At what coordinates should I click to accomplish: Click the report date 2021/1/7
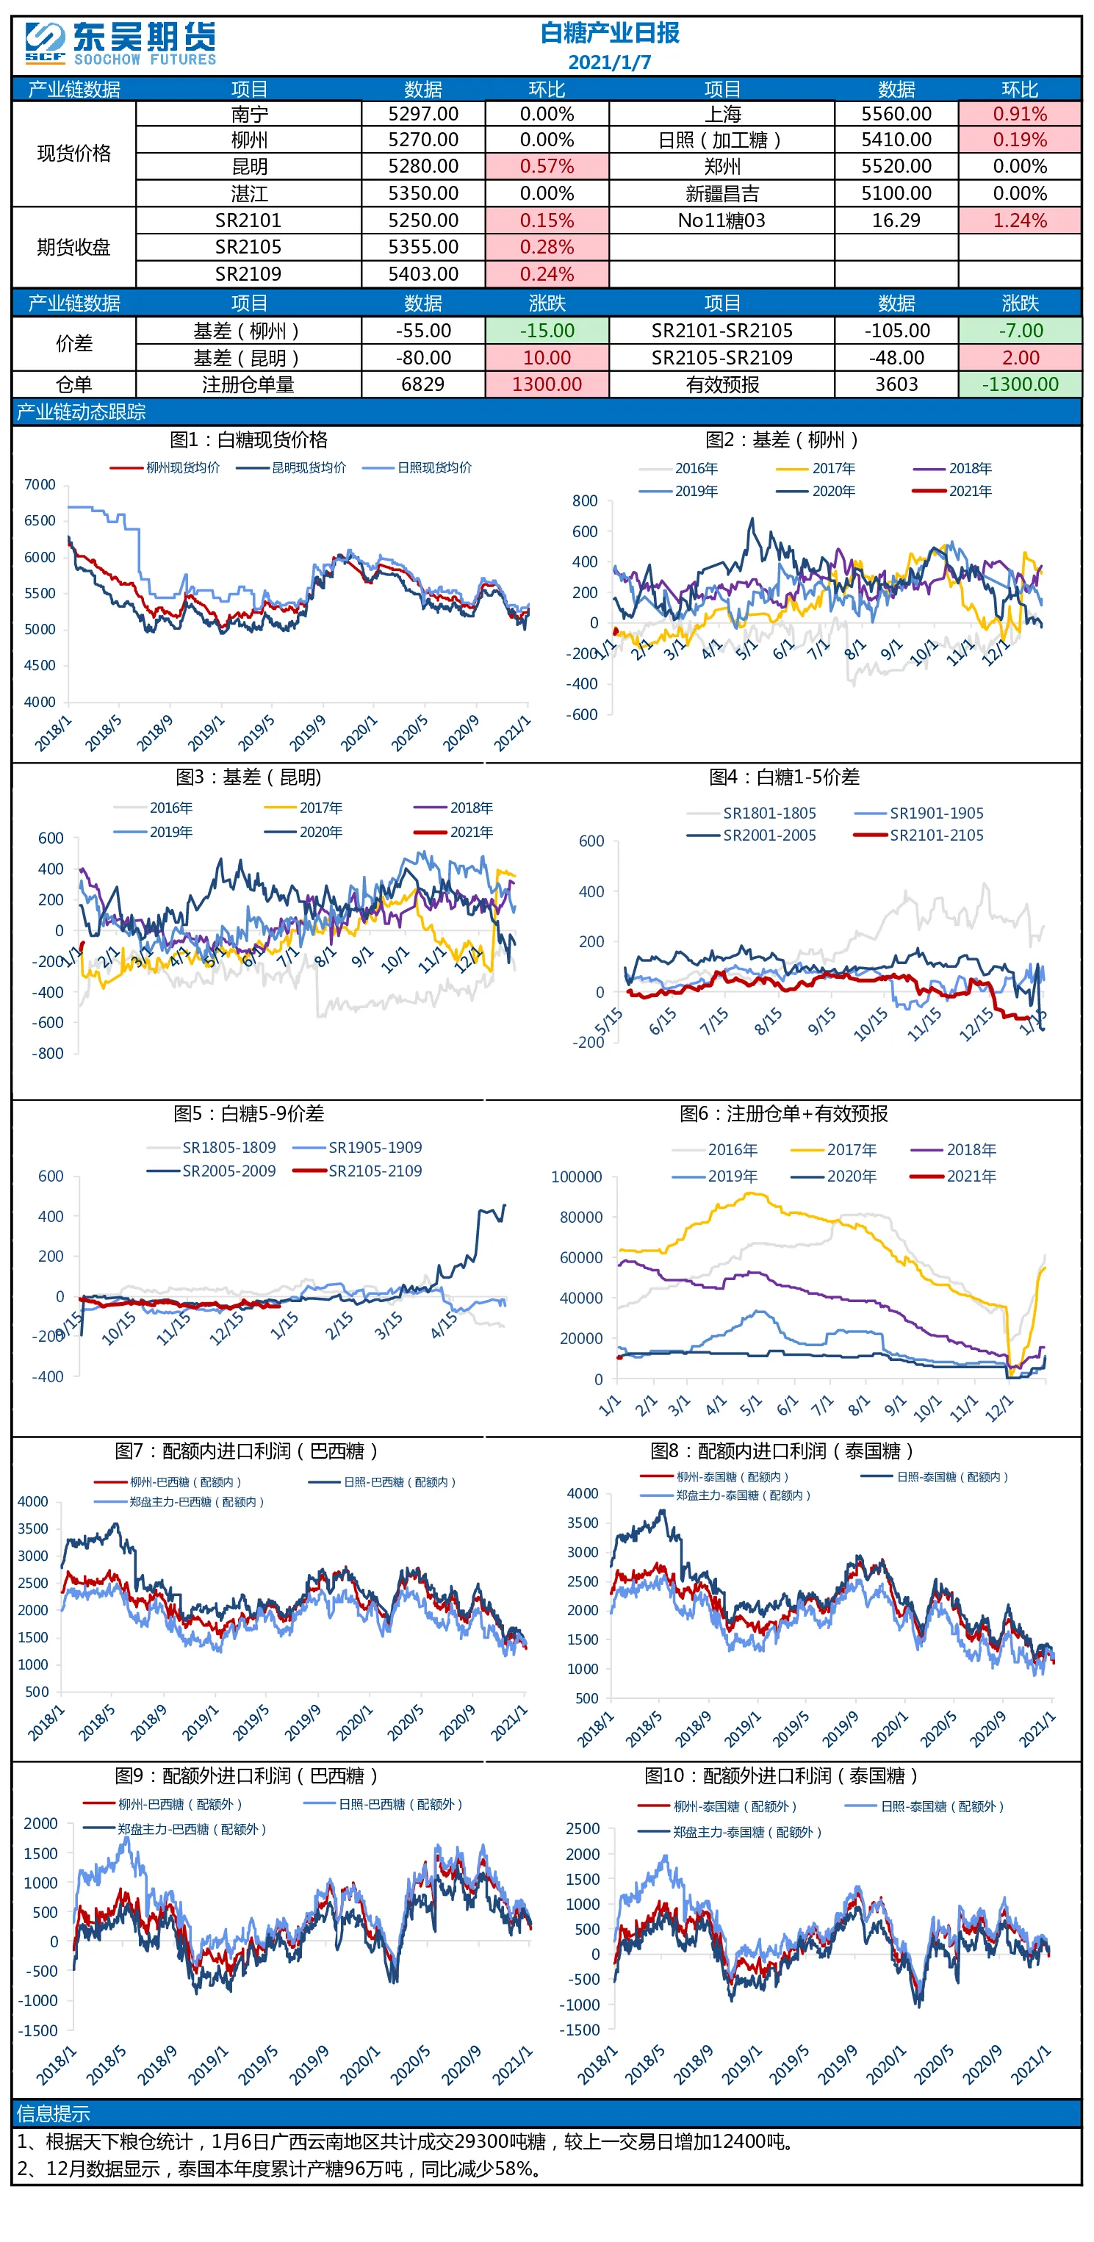point(609,62)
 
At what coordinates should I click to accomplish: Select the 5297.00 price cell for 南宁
point(423,114)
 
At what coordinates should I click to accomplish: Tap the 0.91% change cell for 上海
point(1020,114)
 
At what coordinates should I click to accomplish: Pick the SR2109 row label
point(248,274)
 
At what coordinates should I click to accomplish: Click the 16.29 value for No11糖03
point(896,220)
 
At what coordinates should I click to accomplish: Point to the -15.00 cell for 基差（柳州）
point(547,331)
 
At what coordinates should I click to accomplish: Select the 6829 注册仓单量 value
point(423,384)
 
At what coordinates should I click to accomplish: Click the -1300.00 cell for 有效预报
point(1020,384)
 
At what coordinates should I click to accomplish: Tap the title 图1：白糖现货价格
point(248,439)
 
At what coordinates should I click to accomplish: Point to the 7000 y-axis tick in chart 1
point(40,484)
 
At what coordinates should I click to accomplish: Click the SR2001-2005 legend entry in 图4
point(752,835)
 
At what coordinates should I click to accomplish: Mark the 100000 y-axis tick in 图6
point(576,1176)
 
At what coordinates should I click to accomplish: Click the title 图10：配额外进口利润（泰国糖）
point(781,1775)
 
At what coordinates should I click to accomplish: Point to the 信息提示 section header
point(53,2113)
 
